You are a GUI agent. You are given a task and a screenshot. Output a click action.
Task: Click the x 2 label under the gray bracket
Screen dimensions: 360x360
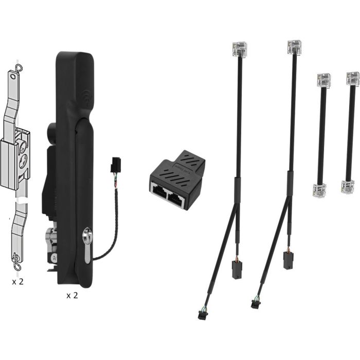[x=18, y=281]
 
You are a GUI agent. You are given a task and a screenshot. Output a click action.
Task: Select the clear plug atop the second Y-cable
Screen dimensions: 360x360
[x=294, y=47]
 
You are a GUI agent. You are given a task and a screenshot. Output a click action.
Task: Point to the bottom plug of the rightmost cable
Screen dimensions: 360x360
[x=348, y=186]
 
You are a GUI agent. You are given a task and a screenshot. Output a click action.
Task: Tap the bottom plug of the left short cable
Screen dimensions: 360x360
[x=319, y=190]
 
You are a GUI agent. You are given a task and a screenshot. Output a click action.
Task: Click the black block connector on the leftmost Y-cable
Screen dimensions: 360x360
[x=237, y=270]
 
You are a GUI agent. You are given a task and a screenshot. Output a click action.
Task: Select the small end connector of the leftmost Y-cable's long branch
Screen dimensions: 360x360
[x=202, y=315]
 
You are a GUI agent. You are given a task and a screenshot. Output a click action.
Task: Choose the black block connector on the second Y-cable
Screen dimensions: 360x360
[x=288, y=260]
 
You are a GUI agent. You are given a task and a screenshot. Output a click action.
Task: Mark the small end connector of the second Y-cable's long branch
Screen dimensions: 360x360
[x=255, y=303]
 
